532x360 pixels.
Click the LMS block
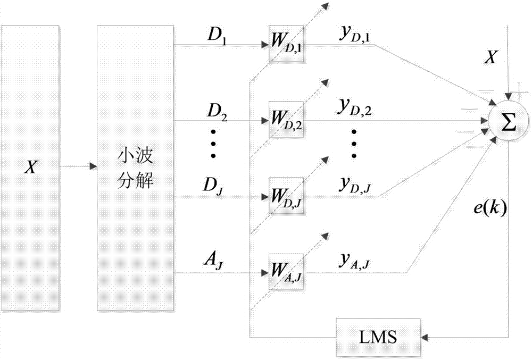point(378,337)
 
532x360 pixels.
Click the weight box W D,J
point(285,197)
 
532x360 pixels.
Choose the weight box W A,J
point(285,273)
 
